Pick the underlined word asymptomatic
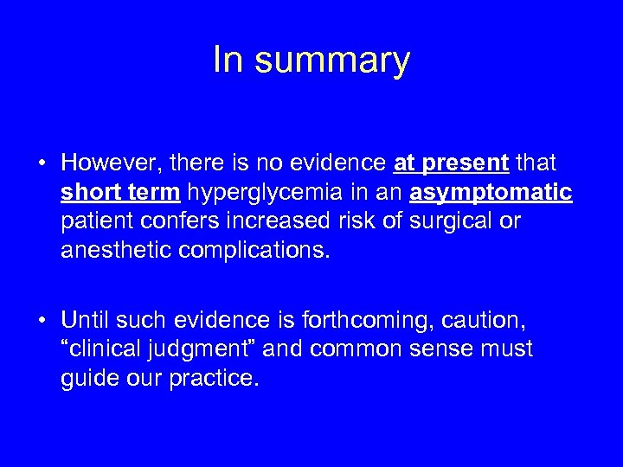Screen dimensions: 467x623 coord(491,191)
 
